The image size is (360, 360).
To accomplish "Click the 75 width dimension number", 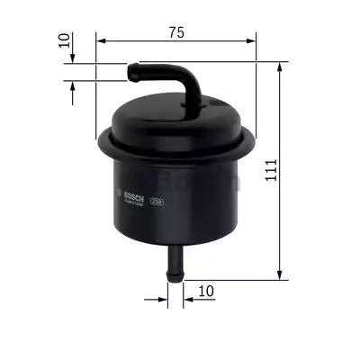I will (175, 32).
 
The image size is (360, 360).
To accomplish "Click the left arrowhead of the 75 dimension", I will (100, 41).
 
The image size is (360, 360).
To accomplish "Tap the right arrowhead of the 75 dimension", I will (251, 41).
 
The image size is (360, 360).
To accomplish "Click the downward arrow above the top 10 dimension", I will (73, 57).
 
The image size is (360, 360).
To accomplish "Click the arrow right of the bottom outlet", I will (188, 292).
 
